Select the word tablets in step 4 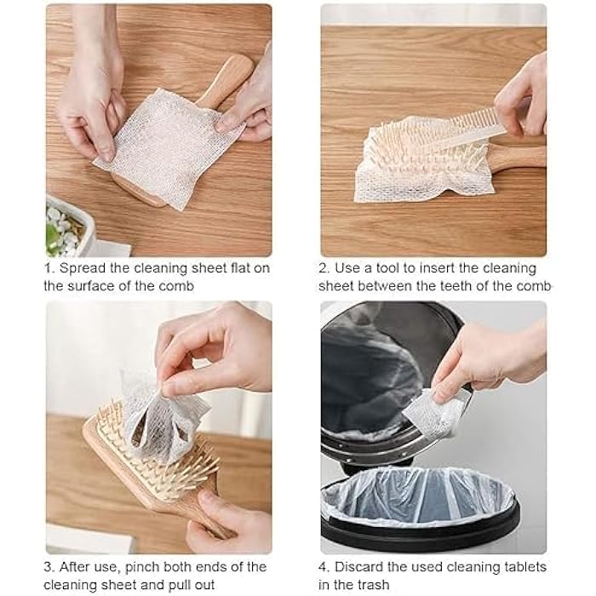coord(524,566)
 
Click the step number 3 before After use coord(49,566)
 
